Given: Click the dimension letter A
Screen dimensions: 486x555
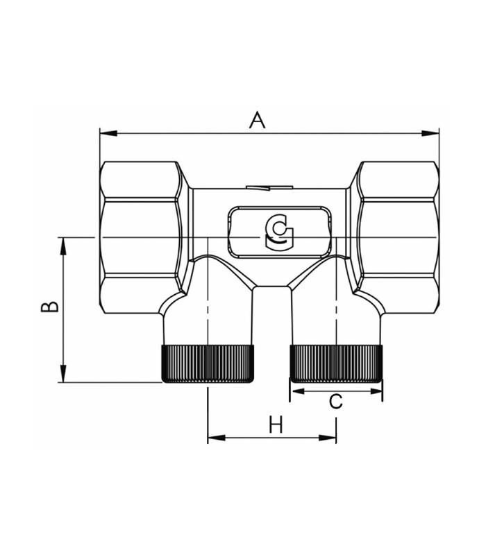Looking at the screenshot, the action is tap(257, 119).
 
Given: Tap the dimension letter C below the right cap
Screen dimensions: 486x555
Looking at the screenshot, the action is tap(336, 402).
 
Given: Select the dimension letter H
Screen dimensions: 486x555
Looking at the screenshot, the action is tap(276, 424).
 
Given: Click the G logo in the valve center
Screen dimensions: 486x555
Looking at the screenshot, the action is tap(279, 234).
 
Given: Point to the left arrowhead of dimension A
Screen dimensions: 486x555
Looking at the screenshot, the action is tap(109, 133).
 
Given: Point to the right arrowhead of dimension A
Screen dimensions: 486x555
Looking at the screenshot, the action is tap(430, 133).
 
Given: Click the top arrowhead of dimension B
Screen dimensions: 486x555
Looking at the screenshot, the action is tap(63, 246).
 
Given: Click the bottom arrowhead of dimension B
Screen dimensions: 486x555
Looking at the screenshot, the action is tap(63, 373).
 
